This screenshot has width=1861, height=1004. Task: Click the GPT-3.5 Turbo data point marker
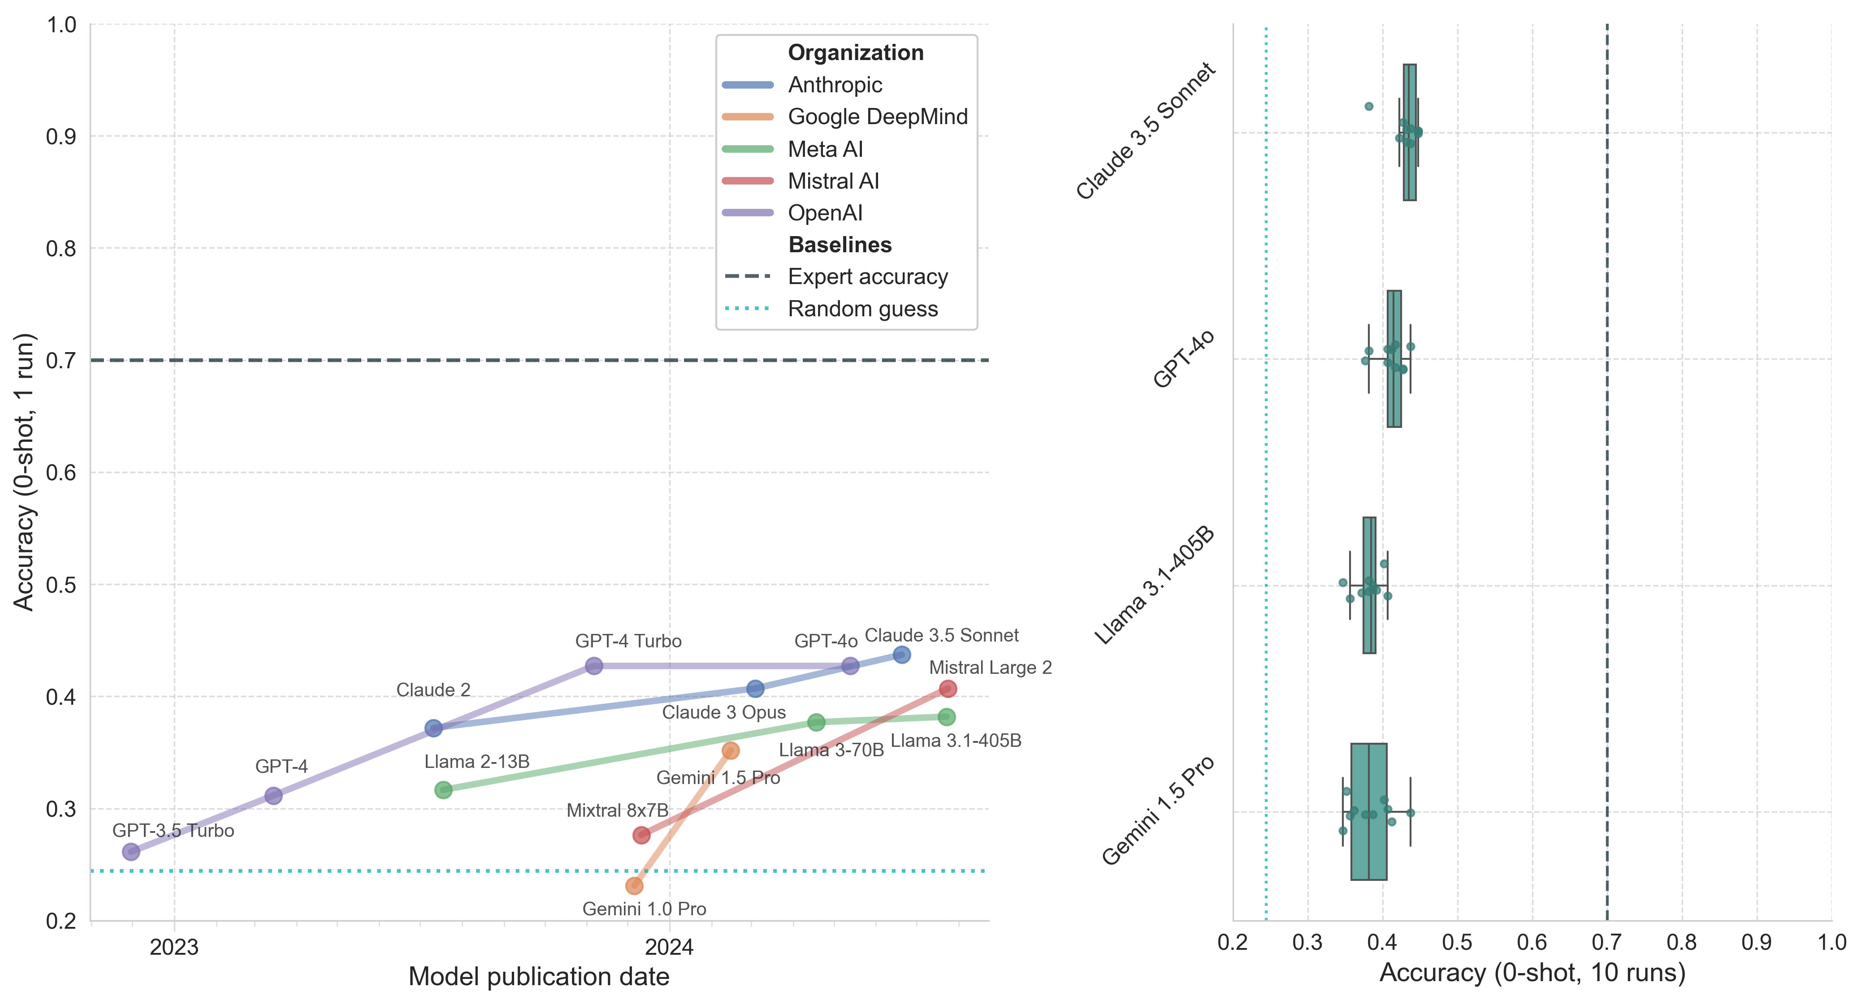pyautogui.click(x=131, y=852)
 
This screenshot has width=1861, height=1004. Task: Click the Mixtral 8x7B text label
pyautogui.click(x=617, y=810)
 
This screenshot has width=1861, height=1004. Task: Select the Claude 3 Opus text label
pyautogui.click(x=724, y=713)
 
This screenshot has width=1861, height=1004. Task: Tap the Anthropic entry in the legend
pyautogui.click(x=835, y=85)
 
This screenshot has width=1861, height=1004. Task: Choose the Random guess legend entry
pyautogui.click(x=862, y=309)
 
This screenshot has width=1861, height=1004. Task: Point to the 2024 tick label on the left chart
pyautogui.click(x=669, y=948)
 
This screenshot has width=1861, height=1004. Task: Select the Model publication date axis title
pyautogui.click(x=539, y=977)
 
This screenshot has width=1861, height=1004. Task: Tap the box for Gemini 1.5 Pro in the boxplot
pyautogui.click(x=1368, y=812)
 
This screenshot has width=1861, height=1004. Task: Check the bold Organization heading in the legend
pyautogui.click(x=855, y=53)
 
